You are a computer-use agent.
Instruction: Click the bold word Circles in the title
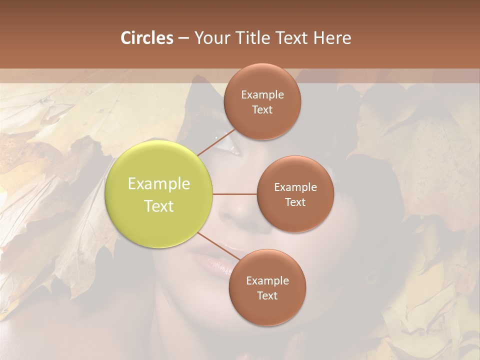pyautogui.click(x=146, y=38)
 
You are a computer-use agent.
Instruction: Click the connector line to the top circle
pyautogui.click(x=216, y=142)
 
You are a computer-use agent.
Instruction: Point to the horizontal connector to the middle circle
pyautogui.click(x=235, y=194)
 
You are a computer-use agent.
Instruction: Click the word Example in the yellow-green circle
pyautogui.click(x=159, y=184)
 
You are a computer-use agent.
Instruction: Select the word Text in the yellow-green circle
pyautogui.click(x=159, y=206)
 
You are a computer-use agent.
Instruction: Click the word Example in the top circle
pyautogui.click(x=262, y=95)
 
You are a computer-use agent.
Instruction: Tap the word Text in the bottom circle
pyautogui.click(x=267, y=296)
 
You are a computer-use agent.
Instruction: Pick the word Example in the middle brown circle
pyautogui.click(x=295, y=187)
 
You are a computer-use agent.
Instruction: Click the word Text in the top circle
pyautogui.click(x=262, y=110)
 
